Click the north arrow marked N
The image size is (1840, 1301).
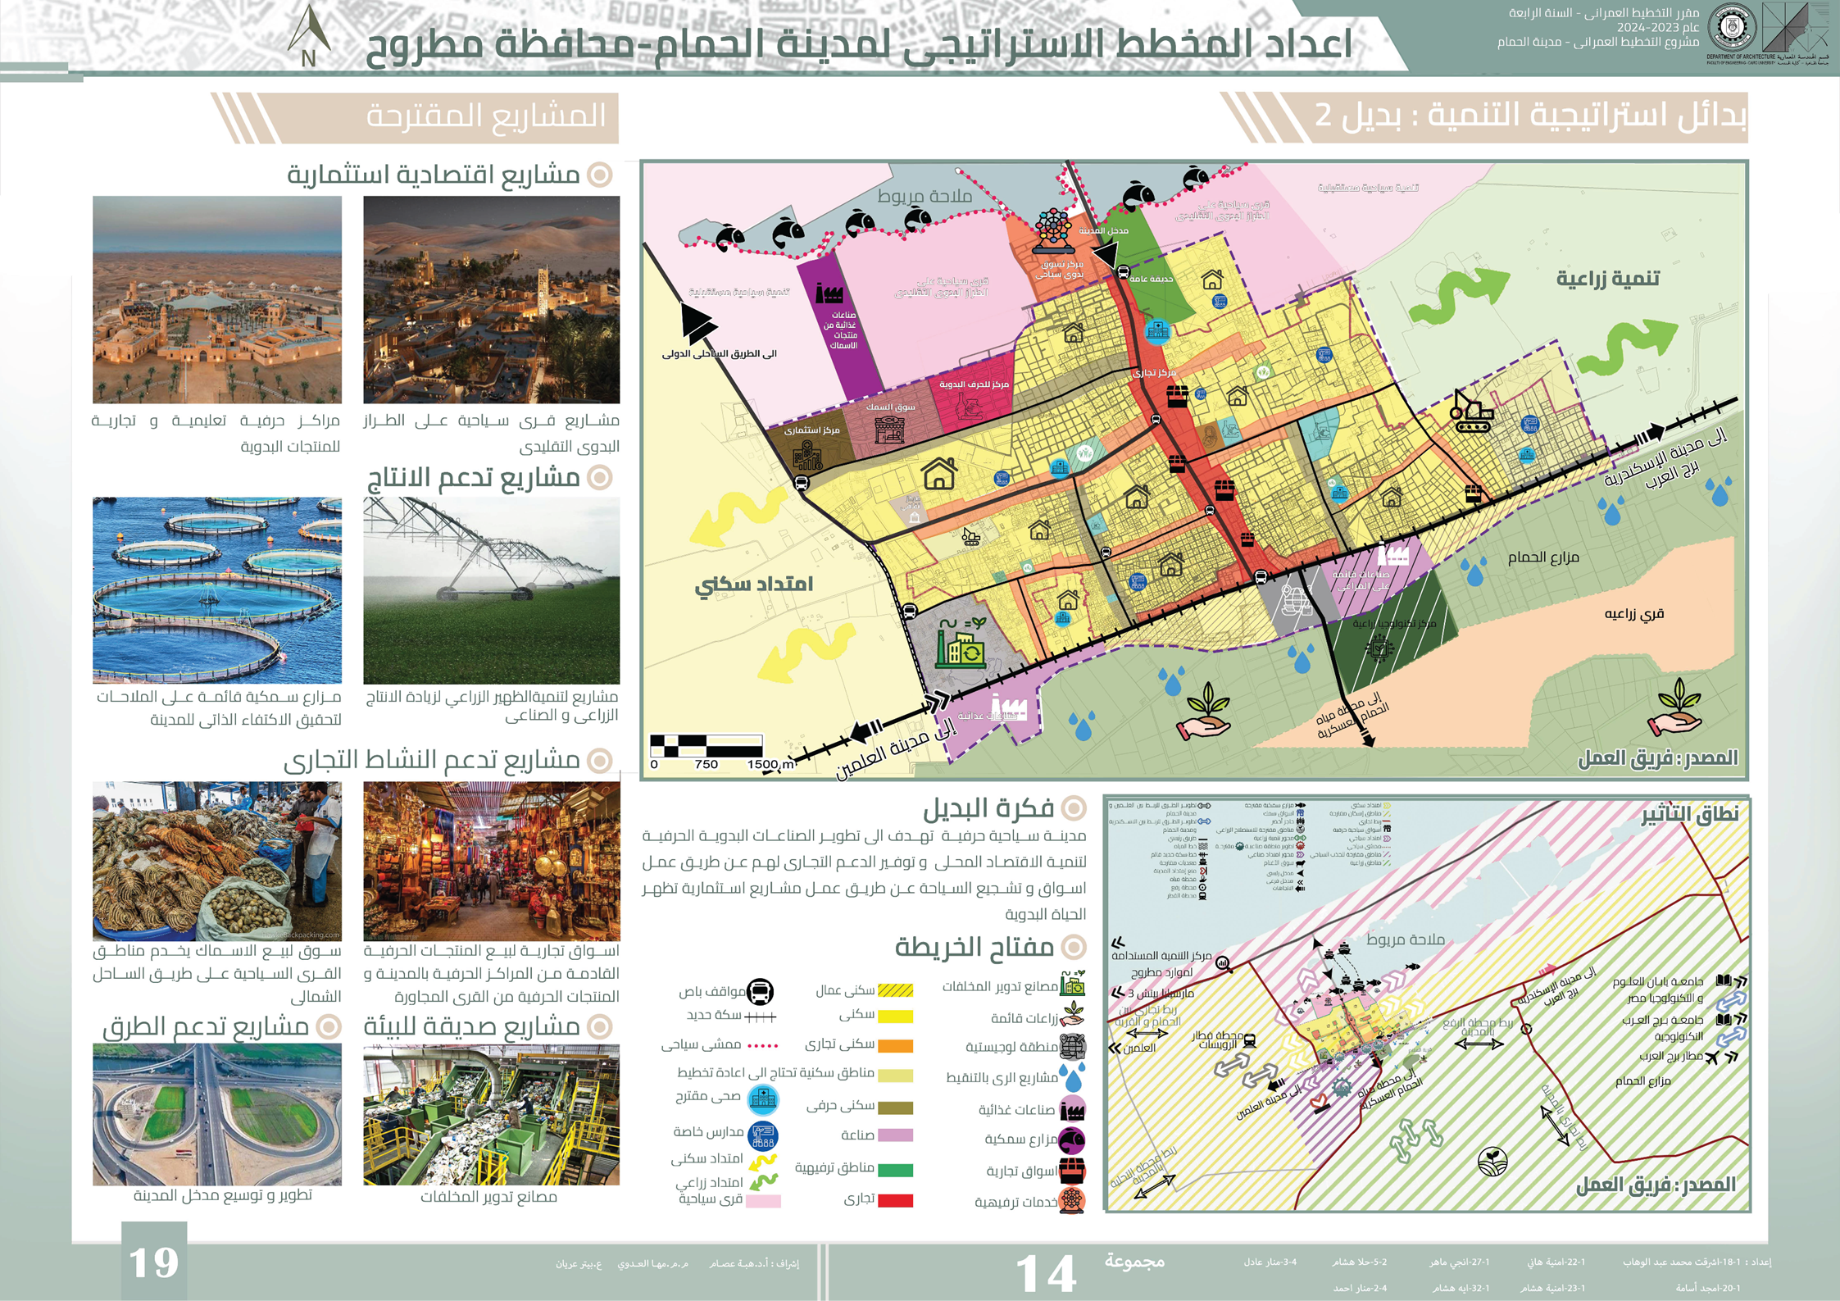click(x=309, y=37)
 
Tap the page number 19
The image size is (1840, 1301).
click(x=154, y=1262)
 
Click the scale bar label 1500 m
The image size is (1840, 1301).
click(x=771, y=764)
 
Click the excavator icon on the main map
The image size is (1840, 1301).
click(x=1472, y=411)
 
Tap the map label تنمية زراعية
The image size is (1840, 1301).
click(x=1607, y=279)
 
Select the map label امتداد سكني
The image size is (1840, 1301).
click(x=753, y=585)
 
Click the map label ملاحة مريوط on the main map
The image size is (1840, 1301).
click(x=925, y=196)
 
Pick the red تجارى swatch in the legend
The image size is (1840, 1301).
click(x=895, y=1201)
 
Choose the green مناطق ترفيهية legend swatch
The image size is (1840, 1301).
click(x=895, y=1170)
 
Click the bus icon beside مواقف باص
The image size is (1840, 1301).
click(x=761, y=992)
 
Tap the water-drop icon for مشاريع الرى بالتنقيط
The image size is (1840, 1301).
click(x=1072, y=1077)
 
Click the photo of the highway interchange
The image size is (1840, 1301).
click(x=217, y=1114)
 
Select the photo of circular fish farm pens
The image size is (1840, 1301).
click(x=217, y=590)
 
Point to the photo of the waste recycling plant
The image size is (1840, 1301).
click(x=491, y=1114)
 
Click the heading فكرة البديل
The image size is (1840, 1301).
click(x=988, y=809)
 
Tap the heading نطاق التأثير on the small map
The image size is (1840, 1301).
click(x=1689, y=814)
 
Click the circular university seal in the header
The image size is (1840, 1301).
click(x=1731, y=29)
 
